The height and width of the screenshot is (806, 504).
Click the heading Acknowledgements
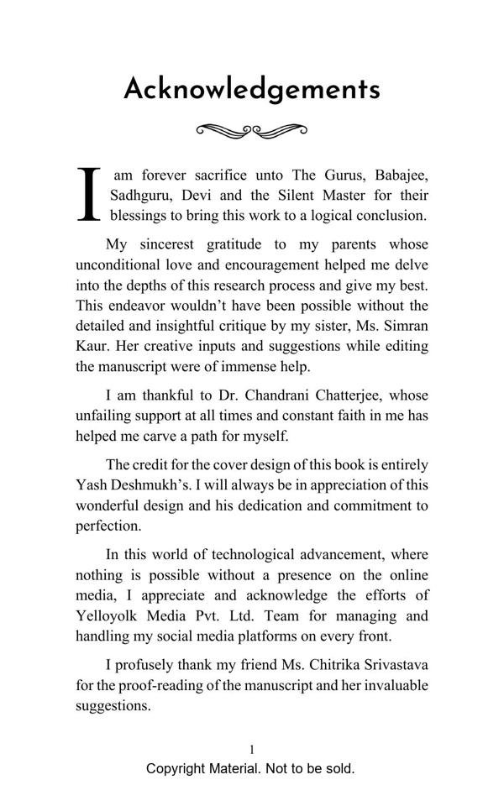click(x=252, y=89)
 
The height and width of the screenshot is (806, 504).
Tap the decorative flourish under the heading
click(x=252, y=130)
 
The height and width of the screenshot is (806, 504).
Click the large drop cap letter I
click(x=89, y=195)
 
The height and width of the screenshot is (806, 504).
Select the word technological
click(x=261, y=555)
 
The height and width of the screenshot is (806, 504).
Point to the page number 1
click(x=252, y=750)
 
